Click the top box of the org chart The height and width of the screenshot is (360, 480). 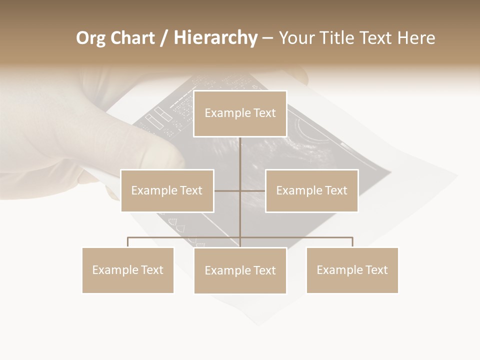240,113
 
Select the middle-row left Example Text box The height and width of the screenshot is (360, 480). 167,190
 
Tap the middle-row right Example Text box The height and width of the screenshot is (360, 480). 311,190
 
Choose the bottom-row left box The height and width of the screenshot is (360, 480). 128,270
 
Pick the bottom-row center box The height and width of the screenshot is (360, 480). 240,270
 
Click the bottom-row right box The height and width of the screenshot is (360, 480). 352,270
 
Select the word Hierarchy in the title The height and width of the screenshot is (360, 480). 215,38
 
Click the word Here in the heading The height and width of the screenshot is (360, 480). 416,38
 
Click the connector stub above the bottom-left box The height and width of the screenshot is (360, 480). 128,242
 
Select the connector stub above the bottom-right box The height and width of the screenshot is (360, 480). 352,242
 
